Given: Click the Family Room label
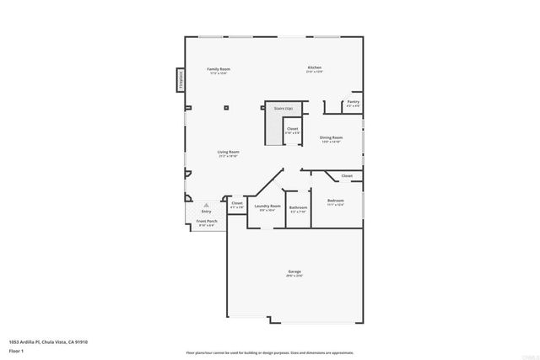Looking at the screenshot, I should point(219,69).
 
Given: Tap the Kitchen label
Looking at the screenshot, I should point(314,67).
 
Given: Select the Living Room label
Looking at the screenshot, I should point(228,152).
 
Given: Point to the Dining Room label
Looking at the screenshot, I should point(331,137).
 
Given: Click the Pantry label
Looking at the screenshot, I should point(353,101).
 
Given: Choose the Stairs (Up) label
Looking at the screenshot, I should point(283,108).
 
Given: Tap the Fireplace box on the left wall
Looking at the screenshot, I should point(181,79).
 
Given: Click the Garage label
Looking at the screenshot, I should point(294,271).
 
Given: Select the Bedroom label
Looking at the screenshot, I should point(336,201).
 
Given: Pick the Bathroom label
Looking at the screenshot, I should point(298,207).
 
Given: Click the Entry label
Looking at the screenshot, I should point(206,211).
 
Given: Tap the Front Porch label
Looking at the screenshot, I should point(206,221).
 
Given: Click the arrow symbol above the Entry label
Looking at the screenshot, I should point(206,204).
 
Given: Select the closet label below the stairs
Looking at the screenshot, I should point(292,129).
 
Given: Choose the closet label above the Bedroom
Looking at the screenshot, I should point(347,175).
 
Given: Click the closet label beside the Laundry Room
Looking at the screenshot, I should point(237,203).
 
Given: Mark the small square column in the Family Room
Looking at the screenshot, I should point(226,107).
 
